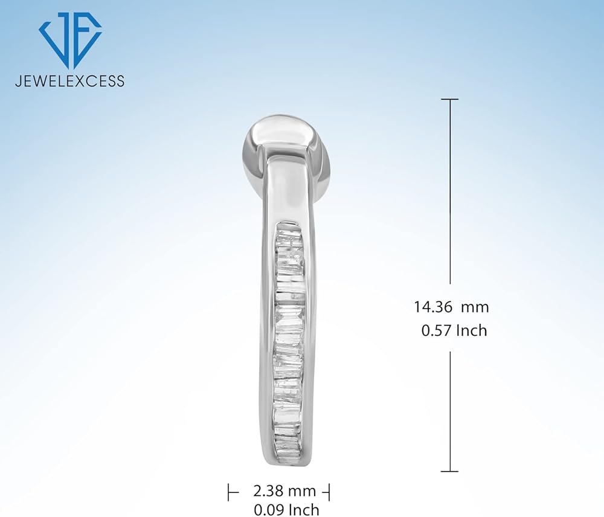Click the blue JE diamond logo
[x=70, y=40]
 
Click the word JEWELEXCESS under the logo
[x=69, y=81]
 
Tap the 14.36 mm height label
[x=451, y=307]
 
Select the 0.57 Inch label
[x=454, y=330]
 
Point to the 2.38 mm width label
[x=284, y=491]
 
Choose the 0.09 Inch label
[x=286, y=510]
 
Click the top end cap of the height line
[x=449, y=99]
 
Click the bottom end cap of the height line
[x=449, y=471]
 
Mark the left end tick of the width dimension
[x=228, y=492]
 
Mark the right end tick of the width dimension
[x=329, y=492]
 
